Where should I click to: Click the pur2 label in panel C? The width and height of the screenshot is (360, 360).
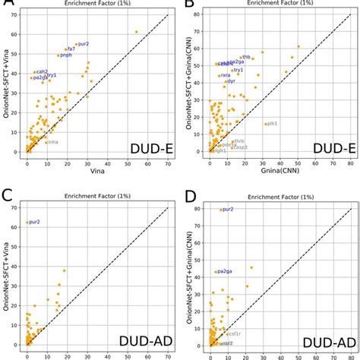tap(35, 222)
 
